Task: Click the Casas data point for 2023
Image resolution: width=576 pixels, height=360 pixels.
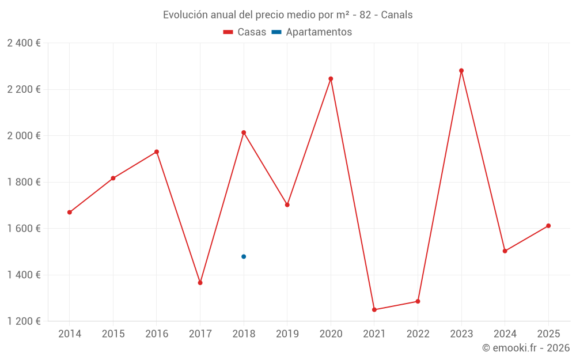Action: click(x=461, y=71)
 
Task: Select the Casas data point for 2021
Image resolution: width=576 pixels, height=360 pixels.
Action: click(x=374, y=310)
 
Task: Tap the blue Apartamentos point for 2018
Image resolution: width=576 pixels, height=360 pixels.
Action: click(x=244, y=256)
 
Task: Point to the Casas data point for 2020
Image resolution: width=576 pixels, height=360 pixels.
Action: click(x=331, y=79)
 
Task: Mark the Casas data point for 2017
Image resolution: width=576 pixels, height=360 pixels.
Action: click(x=200, y=283)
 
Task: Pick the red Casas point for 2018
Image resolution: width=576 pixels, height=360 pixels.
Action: click(x=244, y=132)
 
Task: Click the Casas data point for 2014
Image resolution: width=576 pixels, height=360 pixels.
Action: click(x=70, y=213)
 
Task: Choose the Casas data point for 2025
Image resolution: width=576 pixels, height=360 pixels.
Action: click(x=548, y=226)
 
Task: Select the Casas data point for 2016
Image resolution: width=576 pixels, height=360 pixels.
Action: click(x=157, y=152)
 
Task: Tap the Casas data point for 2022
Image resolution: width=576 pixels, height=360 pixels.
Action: click(x=418, y=301)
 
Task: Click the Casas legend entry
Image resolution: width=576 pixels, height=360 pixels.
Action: click(x=245, y=32)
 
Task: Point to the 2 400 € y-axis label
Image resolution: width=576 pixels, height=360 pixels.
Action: click(x=24, y=43)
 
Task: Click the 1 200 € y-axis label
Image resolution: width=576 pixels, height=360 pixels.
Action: click(x=24, y=321)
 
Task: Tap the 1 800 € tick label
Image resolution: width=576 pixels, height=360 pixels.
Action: click(x=24, y=182)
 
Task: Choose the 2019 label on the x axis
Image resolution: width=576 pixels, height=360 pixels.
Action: click(x=287, y=334)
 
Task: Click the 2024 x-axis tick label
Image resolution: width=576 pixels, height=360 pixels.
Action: click(x=505, y=334)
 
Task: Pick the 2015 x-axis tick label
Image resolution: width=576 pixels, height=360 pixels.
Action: click(x=113, y=334)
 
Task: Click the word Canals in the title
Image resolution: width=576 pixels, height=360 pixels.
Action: click(x=397, y=15)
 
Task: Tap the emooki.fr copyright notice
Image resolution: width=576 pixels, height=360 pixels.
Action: click(x=525, y=348)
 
